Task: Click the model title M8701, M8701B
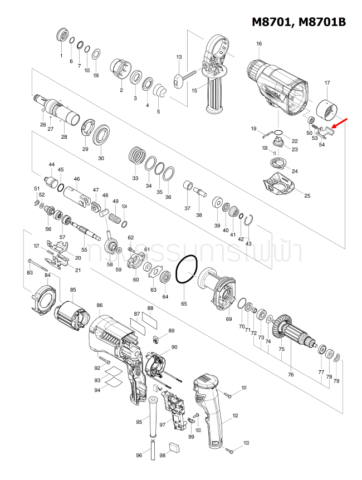[x=299, y=22]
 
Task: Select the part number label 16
[x=259, y=44]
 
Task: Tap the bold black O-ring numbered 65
[x=186, y=271]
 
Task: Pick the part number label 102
[x=236, y=416]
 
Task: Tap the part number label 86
[x=100, y=306]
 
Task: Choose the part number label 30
[x=101, y=158]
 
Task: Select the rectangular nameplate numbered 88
[x=151, y=321]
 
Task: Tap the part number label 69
[x=228, y=319]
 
